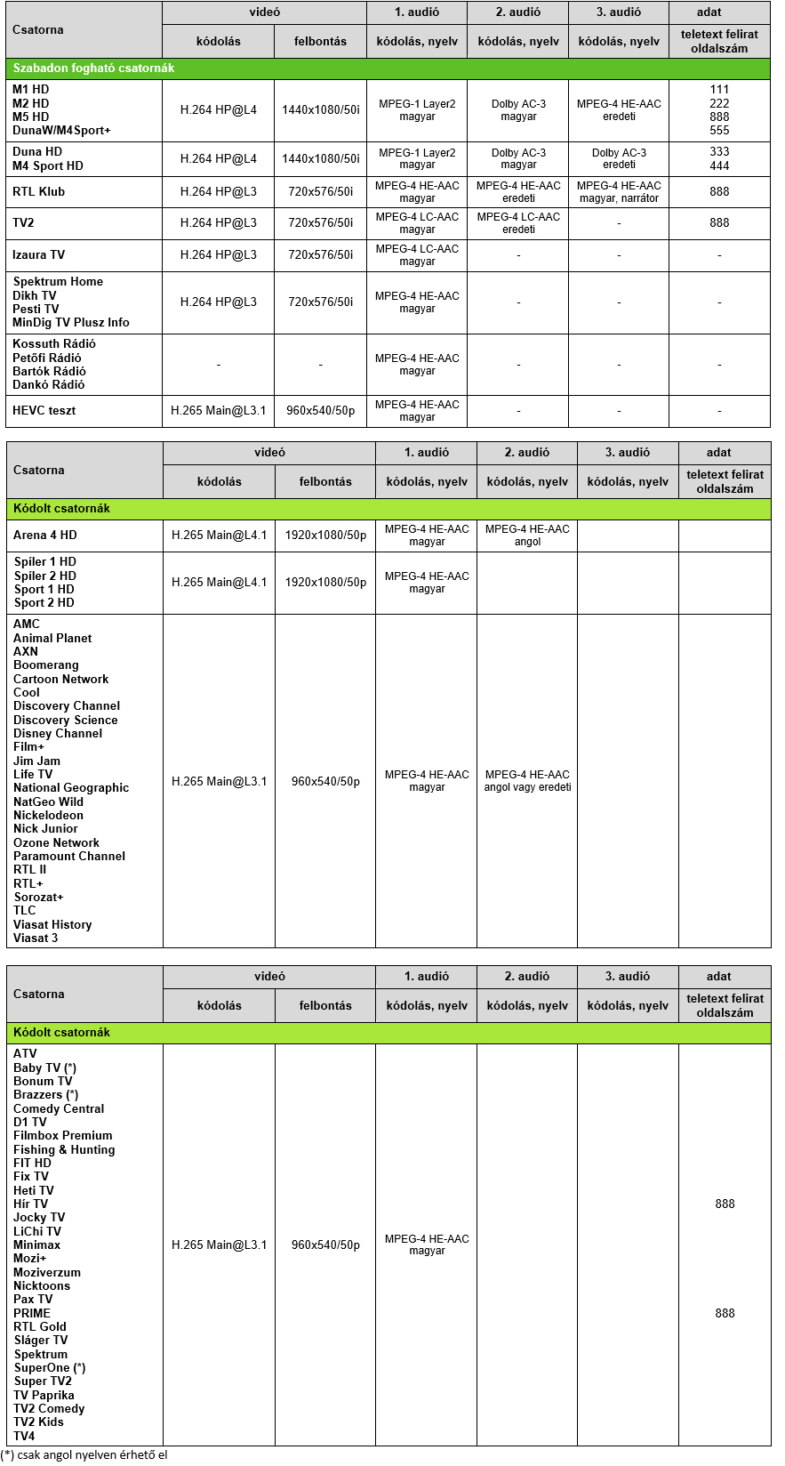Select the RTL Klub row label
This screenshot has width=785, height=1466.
[39, 191]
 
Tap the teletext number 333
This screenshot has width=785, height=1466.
[719, 152]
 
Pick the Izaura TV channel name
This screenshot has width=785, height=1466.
[39, 254]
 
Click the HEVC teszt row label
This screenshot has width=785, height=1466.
[44, 410]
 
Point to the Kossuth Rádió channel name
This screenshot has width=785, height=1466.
[54, 343]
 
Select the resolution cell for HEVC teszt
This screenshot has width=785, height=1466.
[320, 410]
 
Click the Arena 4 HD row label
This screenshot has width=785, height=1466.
[45, 535]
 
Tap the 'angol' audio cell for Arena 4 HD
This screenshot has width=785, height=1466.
[527, 535]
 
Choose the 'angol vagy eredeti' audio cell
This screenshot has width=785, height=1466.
[527, 781]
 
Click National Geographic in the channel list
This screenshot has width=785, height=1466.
[71, 787]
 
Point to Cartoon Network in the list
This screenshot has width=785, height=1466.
[60, 679]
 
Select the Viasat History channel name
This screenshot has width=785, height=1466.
[52, 924]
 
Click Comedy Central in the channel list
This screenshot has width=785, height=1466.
[59, 1108]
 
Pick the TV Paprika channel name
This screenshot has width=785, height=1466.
[44, 1395]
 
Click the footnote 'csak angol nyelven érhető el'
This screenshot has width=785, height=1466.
[84, 1454]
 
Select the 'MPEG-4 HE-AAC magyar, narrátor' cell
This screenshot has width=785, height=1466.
[619, 191]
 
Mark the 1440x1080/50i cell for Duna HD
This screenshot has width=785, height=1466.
[320, 158]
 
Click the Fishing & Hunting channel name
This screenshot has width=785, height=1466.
[64, 1149]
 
